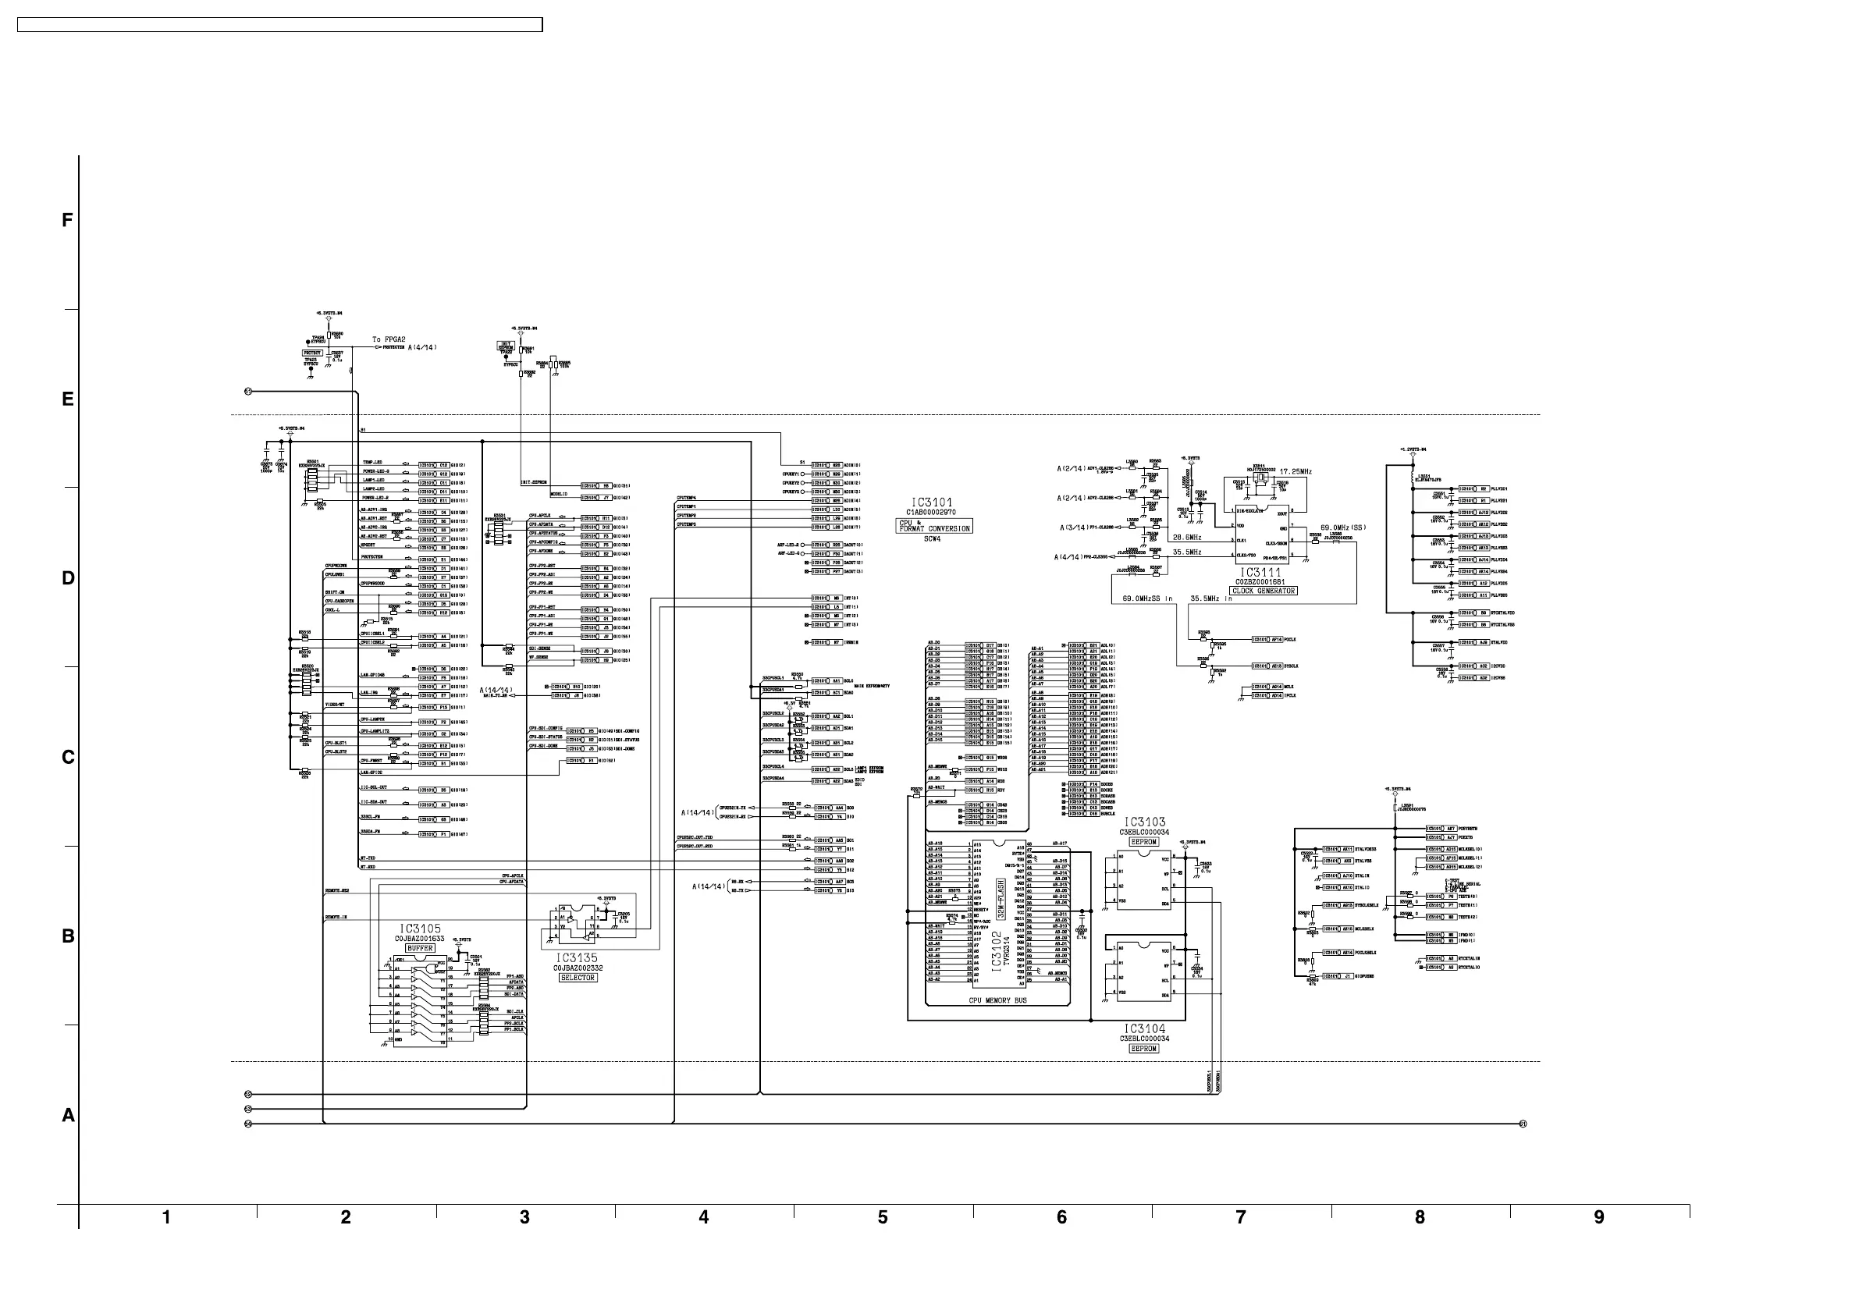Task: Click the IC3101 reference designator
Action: (933, 502)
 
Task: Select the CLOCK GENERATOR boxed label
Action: (1263, 591)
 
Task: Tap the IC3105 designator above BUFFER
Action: (420, 929)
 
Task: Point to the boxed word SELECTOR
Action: (578, 978)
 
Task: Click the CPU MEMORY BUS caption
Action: (997, 1000)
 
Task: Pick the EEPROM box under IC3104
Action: (1143, 1049)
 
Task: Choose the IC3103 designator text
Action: (1144, 822)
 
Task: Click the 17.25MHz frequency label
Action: (1296, 471)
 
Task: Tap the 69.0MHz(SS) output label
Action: (1343, 528)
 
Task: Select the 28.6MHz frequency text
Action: (1187, 538)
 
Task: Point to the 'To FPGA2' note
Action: (389, 340)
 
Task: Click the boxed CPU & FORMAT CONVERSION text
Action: (934, 526)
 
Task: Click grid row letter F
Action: (68, 220)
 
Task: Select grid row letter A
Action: (68, 1116)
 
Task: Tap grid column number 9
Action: (1598, 1216)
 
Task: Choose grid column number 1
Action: (166, 1216)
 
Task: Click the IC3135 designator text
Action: (577, 957)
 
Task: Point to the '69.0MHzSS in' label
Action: (1147, 598)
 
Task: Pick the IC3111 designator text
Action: (1260, 573)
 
